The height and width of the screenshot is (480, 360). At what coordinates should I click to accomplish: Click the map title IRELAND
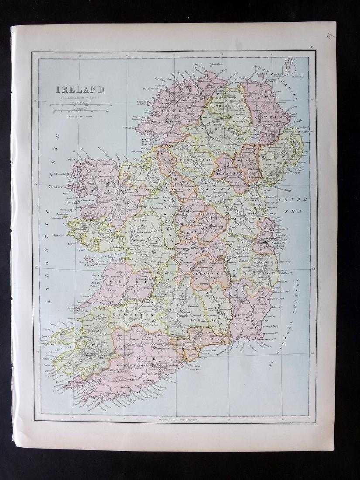[79, 90]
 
